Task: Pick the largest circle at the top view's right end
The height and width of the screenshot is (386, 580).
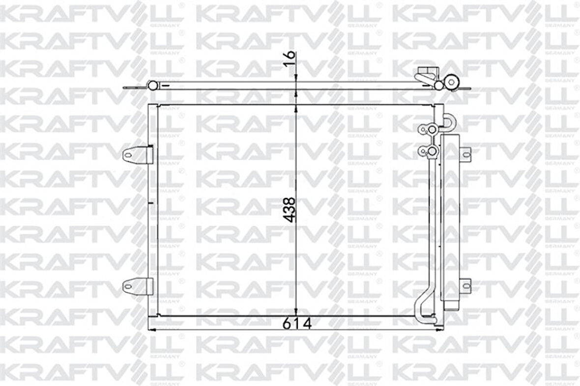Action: point(451,82)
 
